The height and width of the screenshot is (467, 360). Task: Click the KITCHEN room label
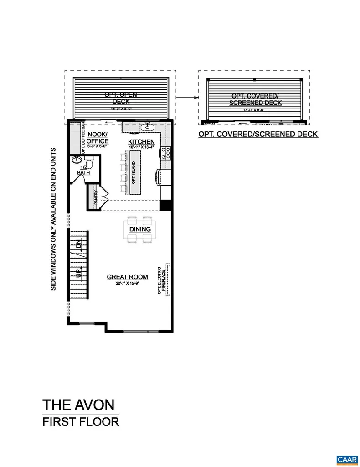tap(141, 141)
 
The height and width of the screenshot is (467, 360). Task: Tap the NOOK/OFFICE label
tap(98, 138)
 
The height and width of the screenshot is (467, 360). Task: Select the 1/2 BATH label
tap(83, 170)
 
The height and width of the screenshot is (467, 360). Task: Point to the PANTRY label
tap(95, 197)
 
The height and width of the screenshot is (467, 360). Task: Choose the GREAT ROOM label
tap(128, 277)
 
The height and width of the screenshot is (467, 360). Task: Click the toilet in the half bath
tap(89, 163)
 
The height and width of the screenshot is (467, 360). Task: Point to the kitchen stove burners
tap(167, 153)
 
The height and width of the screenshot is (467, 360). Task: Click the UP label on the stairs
tap(79, 273)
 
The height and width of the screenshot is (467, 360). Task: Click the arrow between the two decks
tap(187, 97)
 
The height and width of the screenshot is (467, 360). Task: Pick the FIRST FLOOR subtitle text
tap(81, 421)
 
